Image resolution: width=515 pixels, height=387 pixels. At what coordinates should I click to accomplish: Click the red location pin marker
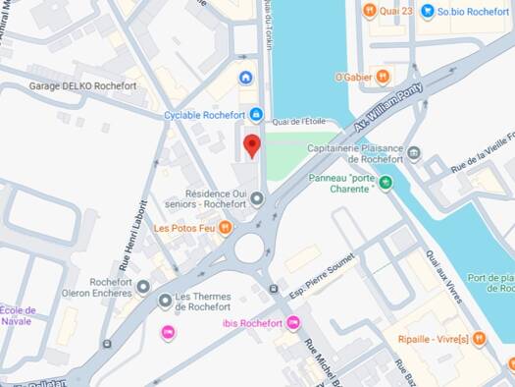(x=252, y=145)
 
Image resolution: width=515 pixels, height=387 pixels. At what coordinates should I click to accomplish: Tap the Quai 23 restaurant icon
(x=369, y=12)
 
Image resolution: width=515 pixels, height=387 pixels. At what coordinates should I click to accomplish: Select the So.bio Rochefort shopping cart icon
(x=427, y=12)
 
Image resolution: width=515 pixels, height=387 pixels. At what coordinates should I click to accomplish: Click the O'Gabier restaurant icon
(x=383, y=77)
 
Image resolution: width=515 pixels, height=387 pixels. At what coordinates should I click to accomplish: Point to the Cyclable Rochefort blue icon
(x=256, y=115)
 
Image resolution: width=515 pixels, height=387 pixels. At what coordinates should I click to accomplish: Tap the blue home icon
(x=245, y=78)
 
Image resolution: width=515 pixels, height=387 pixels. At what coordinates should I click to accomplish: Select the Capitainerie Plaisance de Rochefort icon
(x=414, y=154)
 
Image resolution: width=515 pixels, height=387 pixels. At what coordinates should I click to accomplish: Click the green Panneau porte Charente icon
(x=386, y=183)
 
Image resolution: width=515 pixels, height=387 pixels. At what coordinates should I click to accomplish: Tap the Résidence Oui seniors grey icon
(x=257, y=200)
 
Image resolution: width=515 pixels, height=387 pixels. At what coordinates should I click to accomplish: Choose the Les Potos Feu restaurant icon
(x=225, y=229)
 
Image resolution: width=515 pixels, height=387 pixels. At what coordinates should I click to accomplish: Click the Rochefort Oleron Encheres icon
(x=143, y=287)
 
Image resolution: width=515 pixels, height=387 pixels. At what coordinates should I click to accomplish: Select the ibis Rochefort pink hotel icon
(x=292, y=324)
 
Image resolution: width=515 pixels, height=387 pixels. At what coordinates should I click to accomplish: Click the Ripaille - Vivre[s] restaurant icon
(x=479, y=339)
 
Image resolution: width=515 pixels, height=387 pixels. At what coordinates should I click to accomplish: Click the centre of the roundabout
(x=249, y=248)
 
